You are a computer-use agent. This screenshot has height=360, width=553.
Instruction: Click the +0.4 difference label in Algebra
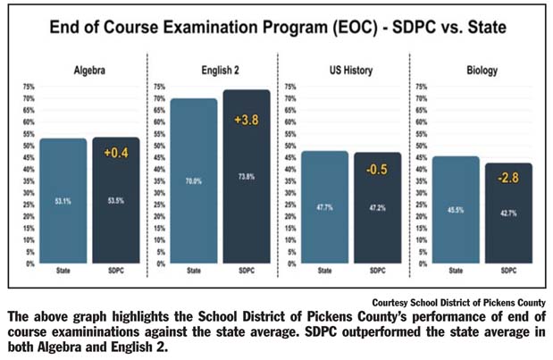(x=118, y=153)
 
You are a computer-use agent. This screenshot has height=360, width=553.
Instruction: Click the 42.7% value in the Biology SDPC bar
(x=507, y=212)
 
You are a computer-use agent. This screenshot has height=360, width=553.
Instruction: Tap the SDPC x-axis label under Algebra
(x=115, y=269)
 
